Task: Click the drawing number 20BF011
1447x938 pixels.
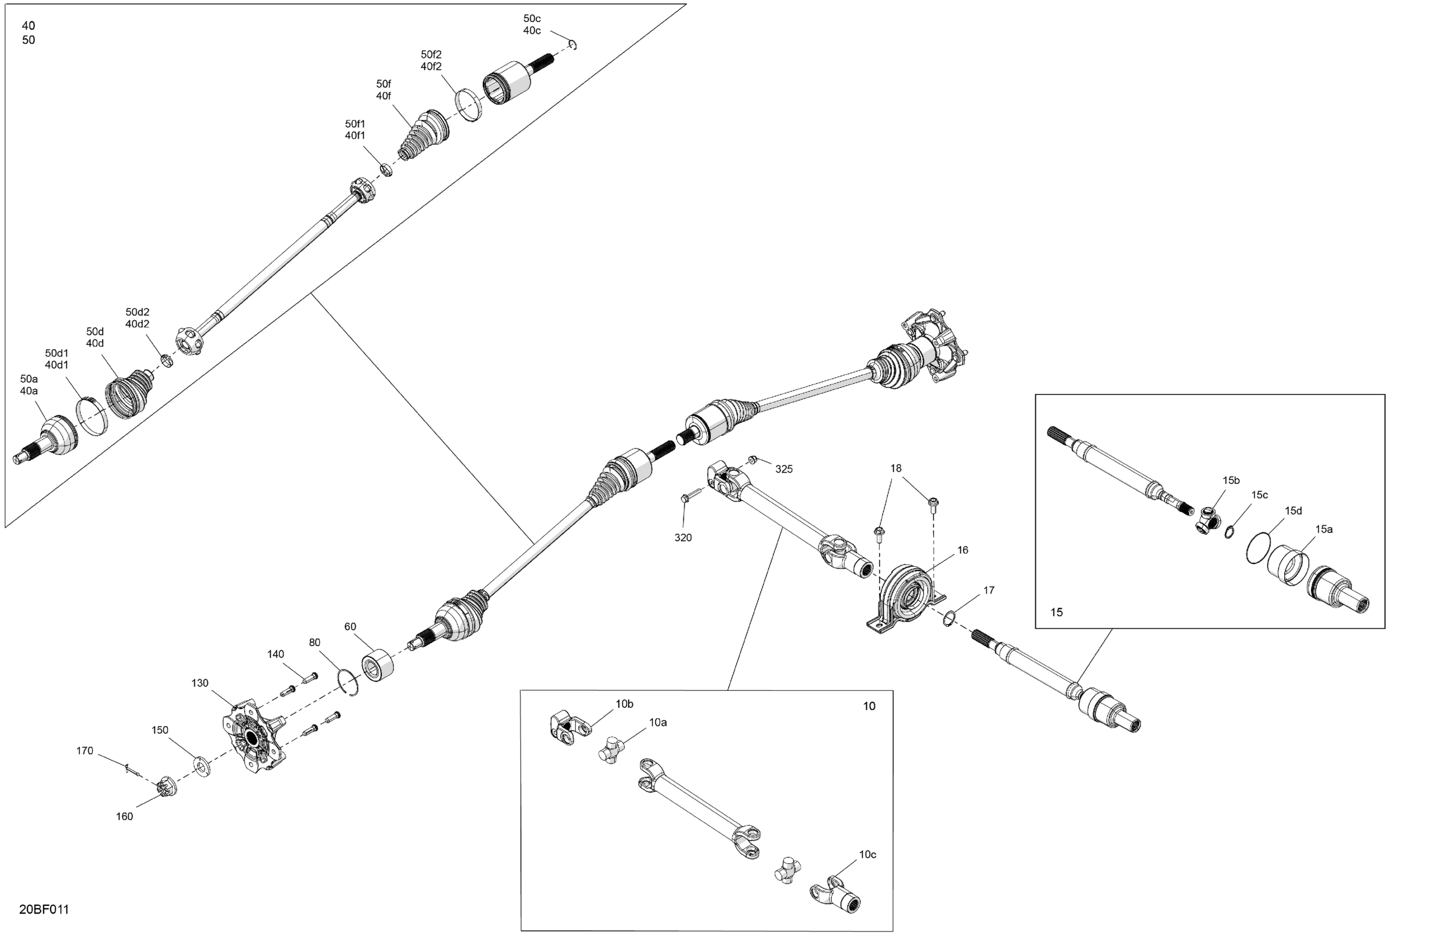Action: pyautogui.click(x=44, y=909)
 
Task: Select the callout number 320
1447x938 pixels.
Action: pyautogui.click(x=683, y=537)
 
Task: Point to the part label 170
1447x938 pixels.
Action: pyautogui.click(x=84, y=751)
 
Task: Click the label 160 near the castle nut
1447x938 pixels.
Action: pyautogui.click(x=124, y=817)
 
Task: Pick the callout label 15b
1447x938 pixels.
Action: pyautogui.click(x=1231, y=480)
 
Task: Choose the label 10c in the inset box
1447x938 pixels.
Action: pyautogui.click(x=868, y=854)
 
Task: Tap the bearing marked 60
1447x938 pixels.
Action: pyautogui.click(x=377, y=664)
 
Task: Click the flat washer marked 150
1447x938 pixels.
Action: pyautogui.click(x=201, y=766)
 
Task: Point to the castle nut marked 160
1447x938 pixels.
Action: pyautogui.click(x=165, y=787)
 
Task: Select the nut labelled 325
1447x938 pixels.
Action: pyautogui.click(x=752, y=459)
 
